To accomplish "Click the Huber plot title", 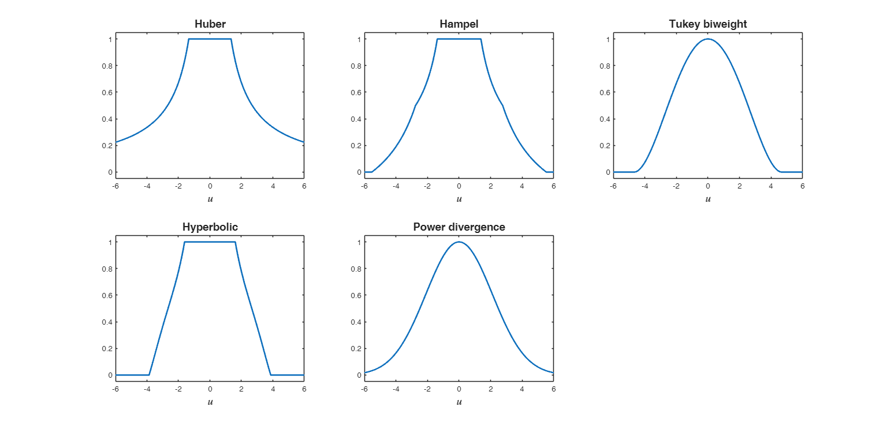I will (x=210, y=24).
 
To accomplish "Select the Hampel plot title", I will (x=459, y=24).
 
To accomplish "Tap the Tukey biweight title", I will (x=707, y=24).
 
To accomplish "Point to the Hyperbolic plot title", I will (x=210, y=227).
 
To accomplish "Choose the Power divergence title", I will (x=459, y=227).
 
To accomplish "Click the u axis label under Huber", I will (x=210, y=199).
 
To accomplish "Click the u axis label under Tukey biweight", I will (x=708, y=199).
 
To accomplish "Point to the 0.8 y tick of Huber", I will (x=106, y=66).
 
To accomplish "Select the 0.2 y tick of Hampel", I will (x=355, y=145).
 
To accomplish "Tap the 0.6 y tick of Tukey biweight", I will (x=604, y=92).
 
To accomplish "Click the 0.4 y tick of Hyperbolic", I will (x=106, y=322).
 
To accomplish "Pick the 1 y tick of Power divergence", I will (x=358, y=242).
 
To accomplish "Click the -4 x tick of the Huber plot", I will (x=147, y=186).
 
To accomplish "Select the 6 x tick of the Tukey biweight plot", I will (x=802, y=186).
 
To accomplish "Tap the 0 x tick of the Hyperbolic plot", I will (x=210, y=389).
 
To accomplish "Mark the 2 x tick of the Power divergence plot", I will (x=490, y=389).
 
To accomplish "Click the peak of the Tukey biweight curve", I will (x=708, y=39).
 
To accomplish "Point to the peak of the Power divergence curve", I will (x=459, y=242).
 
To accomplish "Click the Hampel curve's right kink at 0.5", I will (x=503, y=106).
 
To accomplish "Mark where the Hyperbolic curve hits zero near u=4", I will (x=271, y=375).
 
